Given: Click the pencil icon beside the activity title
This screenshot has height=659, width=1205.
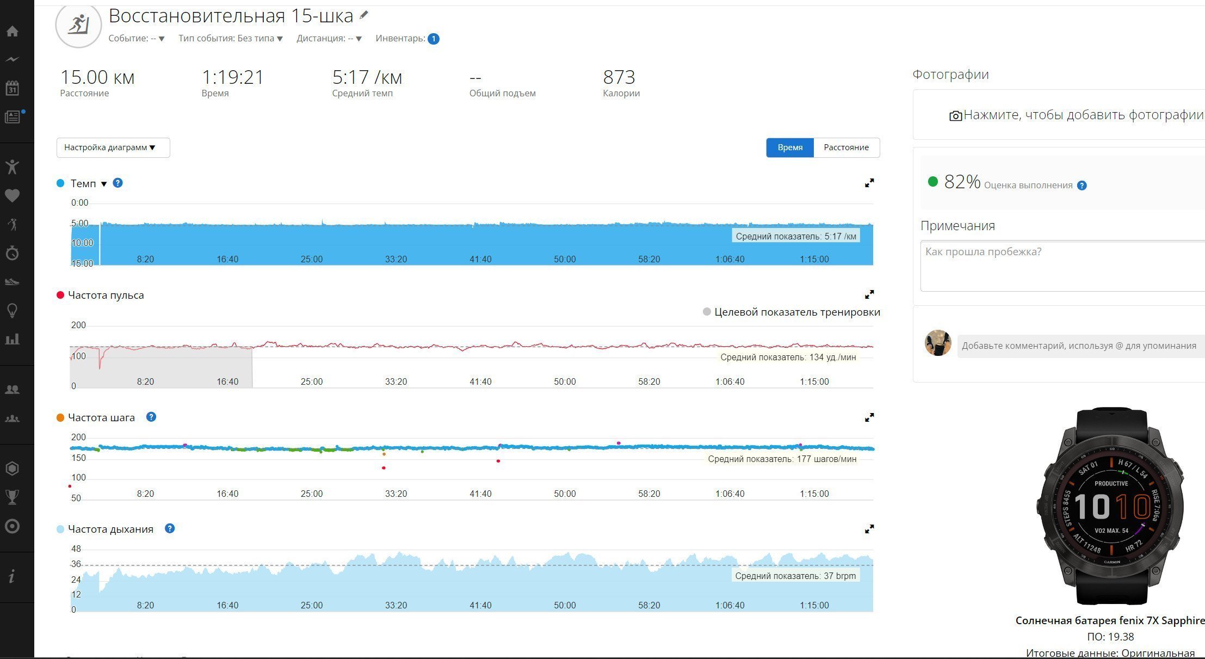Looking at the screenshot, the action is (x=364, y=15).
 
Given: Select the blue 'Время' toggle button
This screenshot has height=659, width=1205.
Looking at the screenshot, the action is (x=790, y=147).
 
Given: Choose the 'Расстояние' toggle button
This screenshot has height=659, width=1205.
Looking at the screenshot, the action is (x=846, y=147).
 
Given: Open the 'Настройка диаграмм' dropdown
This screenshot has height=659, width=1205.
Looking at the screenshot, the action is (x=113, y=147).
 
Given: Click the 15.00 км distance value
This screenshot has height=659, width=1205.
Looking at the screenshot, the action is (x=97, y=77).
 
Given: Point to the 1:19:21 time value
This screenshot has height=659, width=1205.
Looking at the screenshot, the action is (x=233, y=77).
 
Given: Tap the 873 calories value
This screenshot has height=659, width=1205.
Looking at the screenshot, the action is (x=619, y=77).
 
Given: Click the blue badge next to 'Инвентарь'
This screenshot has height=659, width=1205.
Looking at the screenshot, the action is (x=434, y=39).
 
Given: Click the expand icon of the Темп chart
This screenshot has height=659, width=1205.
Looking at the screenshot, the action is (x=869, y=183).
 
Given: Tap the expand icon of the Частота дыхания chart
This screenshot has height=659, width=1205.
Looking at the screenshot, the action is (x=869, y=528).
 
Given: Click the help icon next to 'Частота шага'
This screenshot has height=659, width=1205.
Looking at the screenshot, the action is (x=151, y=417).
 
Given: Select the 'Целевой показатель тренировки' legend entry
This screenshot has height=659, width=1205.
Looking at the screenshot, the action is (x=792, y=312).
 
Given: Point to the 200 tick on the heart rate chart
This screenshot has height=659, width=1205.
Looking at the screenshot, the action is (x=78, y=325).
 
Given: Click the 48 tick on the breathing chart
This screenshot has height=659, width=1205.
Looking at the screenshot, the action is (x=76, y=549).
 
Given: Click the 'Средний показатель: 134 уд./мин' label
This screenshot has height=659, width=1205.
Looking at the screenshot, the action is (x=788, y=357).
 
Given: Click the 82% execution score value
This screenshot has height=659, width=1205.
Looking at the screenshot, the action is (x=962, y=182).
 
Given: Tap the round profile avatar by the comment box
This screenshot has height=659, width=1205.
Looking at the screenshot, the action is (x=938, y=343).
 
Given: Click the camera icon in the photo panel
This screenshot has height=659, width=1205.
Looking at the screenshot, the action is (x=955, y=115).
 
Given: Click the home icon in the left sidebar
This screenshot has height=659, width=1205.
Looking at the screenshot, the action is (x=13, y=31).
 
